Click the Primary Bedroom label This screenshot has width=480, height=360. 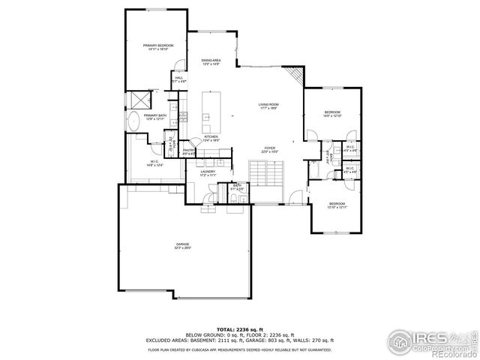tap(158, 46)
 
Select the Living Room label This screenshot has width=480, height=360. tap(268, 104)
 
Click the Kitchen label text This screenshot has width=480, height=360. tap(211, 136)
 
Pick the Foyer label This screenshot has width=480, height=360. tap(268, 148)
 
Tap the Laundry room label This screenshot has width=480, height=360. tap(208, 172)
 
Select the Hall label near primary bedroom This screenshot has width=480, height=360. tap(179, 78)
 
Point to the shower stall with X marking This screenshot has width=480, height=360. tap(139, 100)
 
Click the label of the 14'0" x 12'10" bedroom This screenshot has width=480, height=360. tap(332, 113)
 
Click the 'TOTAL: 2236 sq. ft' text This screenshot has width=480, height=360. tap(239, 329)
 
